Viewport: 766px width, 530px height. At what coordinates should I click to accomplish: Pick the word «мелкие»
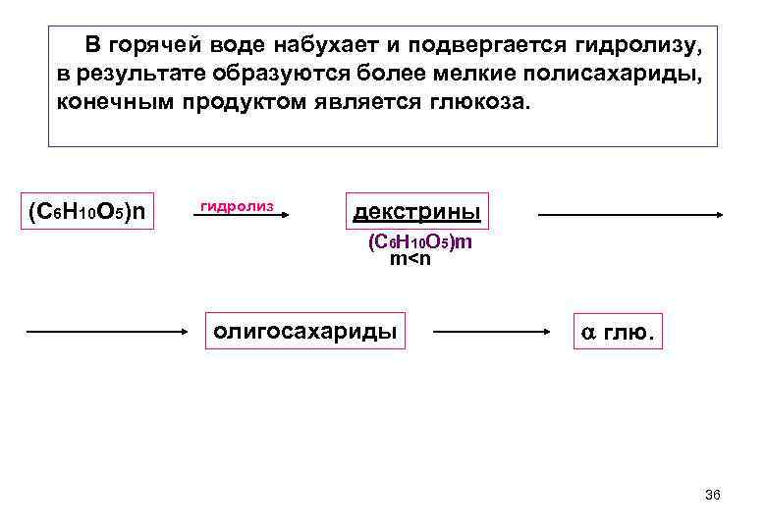(x=471, y=75)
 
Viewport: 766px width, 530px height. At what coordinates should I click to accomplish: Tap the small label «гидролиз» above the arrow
(x=236, y=205)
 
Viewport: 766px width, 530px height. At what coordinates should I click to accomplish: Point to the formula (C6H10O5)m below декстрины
(x=419, y=241)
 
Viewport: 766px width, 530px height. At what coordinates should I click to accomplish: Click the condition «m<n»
(x=410, y=259)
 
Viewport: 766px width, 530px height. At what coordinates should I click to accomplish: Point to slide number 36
(x=713, y=495)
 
